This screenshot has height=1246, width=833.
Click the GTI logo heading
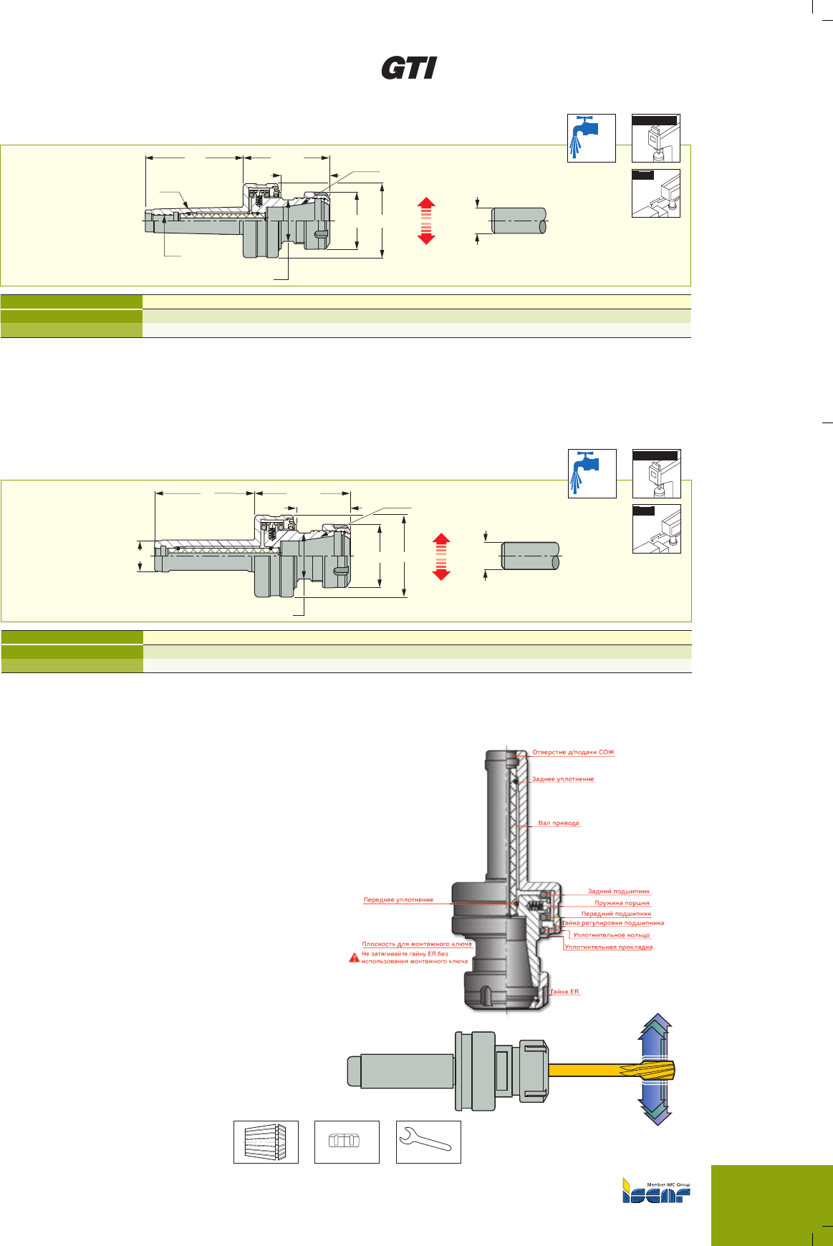coord(409,69)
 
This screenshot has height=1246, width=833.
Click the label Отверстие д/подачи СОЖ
coord(573,753)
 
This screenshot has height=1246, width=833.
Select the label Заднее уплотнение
coord(563,779)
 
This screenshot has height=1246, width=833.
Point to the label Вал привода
coord(559,824)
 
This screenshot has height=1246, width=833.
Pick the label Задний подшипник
coord(619,892)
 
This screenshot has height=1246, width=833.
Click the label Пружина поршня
coord(622,903)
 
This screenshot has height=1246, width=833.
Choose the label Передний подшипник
coord(616,914)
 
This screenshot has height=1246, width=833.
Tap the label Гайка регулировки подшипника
coord(613,923)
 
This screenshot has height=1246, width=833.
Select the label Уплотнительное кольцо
coord(612,935)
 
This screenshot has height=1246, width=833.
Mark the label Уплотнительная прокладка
coord(609,947)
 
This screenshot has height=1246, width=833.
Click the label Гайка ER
coord(565,992)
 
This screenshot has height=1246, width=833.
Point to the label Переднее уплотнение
coord(398,899)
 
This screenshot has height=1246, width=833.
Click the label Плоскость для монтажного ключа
coord(416,944)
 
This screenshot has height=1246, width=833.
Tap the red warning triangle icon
coord(354,957)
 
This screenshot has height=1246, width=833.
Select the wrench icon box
coord(428,1141)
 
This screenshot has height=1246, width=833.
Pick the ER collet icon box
coord(266,1141)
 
